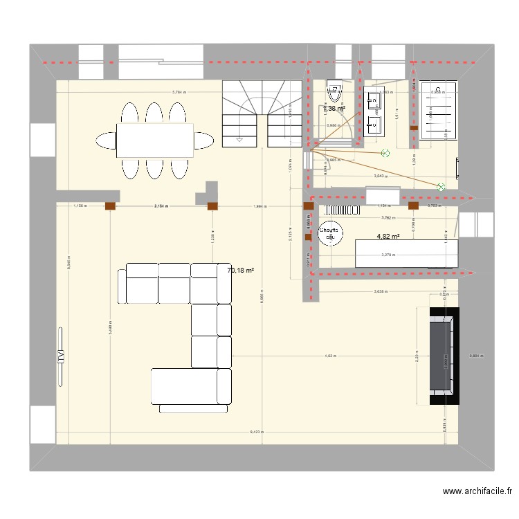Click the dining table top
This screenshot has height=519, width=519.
154,140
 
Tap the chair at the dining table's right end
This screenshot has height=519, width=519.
203,140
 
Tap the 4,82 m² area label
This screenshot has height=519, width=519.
388,237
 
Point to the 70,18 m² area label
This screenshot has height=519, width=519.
240,271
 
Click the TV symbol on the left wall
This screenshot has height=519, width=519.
61,356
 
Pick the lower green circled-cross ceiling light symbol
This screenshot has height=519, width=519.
440,186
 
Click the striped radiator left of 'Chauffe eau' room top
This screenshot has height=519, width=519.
341,210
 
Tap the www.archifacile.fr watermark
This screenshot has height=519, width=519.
477,492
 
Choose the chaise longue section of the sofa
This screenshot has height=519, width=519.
191,387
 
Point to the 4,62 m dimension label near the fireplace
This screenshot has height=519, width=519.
330,356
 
